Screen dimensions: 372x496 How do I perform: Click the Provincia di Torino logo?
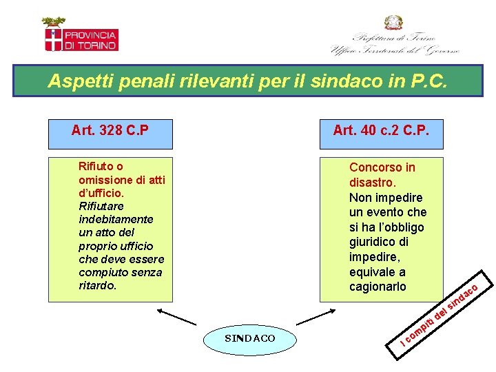pyautogui.click(x=81, y=35)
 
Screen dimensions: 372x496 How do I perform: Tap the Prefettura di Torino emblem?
pyautogui.click(x=395, y=36)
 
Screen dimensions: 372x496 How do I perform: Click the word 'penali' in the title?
pyautogui.click(x=147, y=82)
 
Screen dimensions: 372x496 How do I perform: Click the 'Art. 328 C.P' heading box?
pyautogui.click(x=110, y=130)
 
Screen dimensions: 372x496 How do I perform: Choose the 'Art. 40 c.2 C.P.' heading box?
pyautogui.click(x=380, y=130)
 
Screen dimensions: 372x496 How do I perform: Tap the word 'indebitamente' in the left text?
pyautogui.click(x=116, y=219)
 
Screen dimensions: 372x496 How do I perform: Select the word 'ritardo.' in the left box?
pyautogui.click(x=97, y=285)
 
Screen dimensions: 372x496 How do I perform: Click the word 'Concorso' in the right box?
pyautogui.click(x=373, y=167)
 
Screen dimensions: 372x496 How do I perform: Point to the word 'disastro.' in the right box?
pyautogui.click(x=372, y=183)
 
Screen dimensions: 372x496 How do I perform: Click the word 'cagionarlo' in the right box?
pyautogui.click(x=378, y=287)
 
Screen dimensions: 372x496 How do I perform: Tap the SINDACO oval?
pyautogui.click(x=249, y=338)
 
